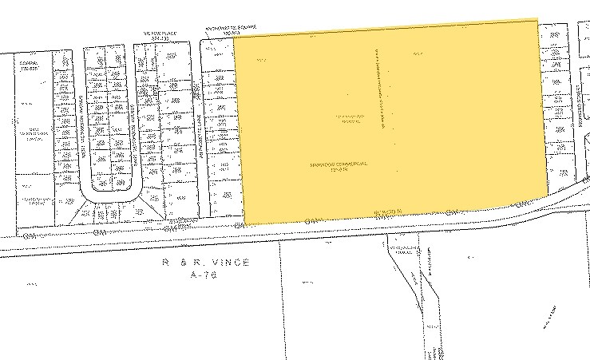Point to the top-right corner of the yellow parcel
(537, 20)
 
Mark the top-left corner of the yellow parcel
(232, 37)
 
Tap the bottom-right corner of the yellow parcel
(548, 191)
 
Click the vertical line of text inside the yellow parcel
(382, 88)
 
